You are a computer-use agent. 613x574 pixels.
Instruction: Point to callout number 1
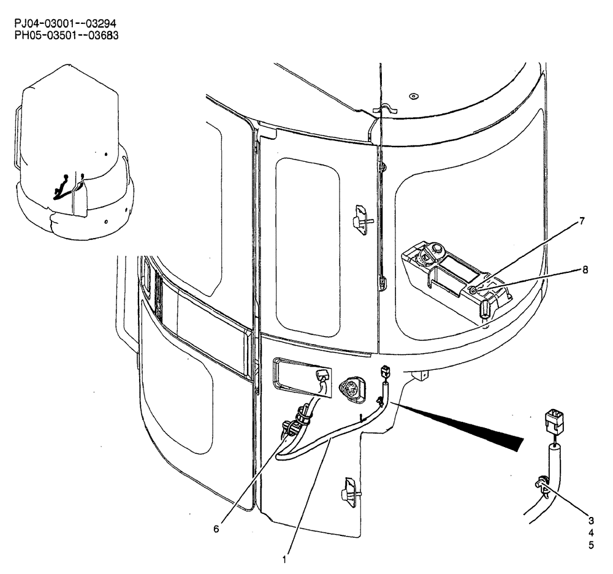click(284, 559)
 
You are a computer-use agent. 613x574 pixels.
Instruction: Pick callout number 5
click(591, 545)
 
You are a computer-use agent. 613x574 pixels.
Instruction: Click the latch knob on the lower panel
click(349, 491)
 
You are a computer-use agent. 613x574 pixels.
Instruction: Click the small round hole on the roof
click(413, 96)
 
